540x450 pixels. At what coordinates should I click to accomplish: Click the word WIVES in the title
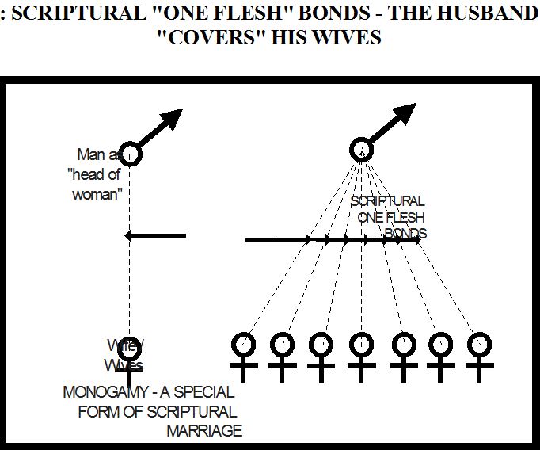click(348, 38)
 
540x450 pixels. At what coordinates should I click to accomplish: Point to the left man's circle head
click(130, 154)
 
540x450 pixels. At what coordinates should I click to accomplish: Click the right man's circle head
click(361, 149)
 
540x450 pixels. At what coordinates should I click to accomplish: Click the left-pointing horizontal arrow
click(155, 235)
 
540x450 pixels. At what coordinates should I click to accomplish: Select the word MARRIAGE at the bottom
click(203, 431)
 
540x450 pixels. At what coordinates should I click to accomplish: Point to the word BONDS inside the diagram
click(406, 234)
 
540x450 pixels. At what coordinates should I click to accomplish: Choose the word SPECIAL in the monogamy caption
click(205, 393)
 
